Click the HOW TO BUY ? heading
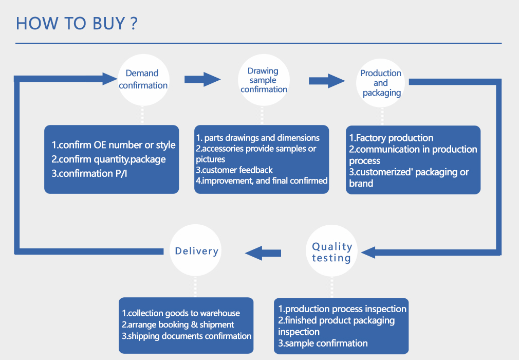point(77,24)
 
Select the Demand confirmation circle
point(143,80)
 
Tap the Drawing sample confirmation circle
point(264,80)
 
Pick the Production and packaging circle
point(381,83)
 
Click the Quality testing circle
point(332,252)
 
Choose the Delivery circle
point(196,251)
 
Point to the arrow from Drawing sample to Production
point(326,81)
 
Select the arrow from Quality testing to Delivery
point(263,253)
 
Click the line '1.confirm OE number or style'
point(113,145)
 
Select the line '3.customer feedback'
point(234,170)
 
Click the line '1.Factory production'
point(391,138)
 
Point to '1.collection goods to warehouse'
point(181,313)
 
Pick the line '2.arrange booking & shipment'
point(178,325)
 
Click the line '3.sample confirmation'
point(323,343)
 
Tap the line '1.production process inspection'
point(342,309)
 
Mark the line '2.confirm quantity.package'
point(108,159)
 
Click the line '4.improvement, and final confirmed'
point(262,181)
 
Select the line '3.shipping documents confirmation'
point(187,336)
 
